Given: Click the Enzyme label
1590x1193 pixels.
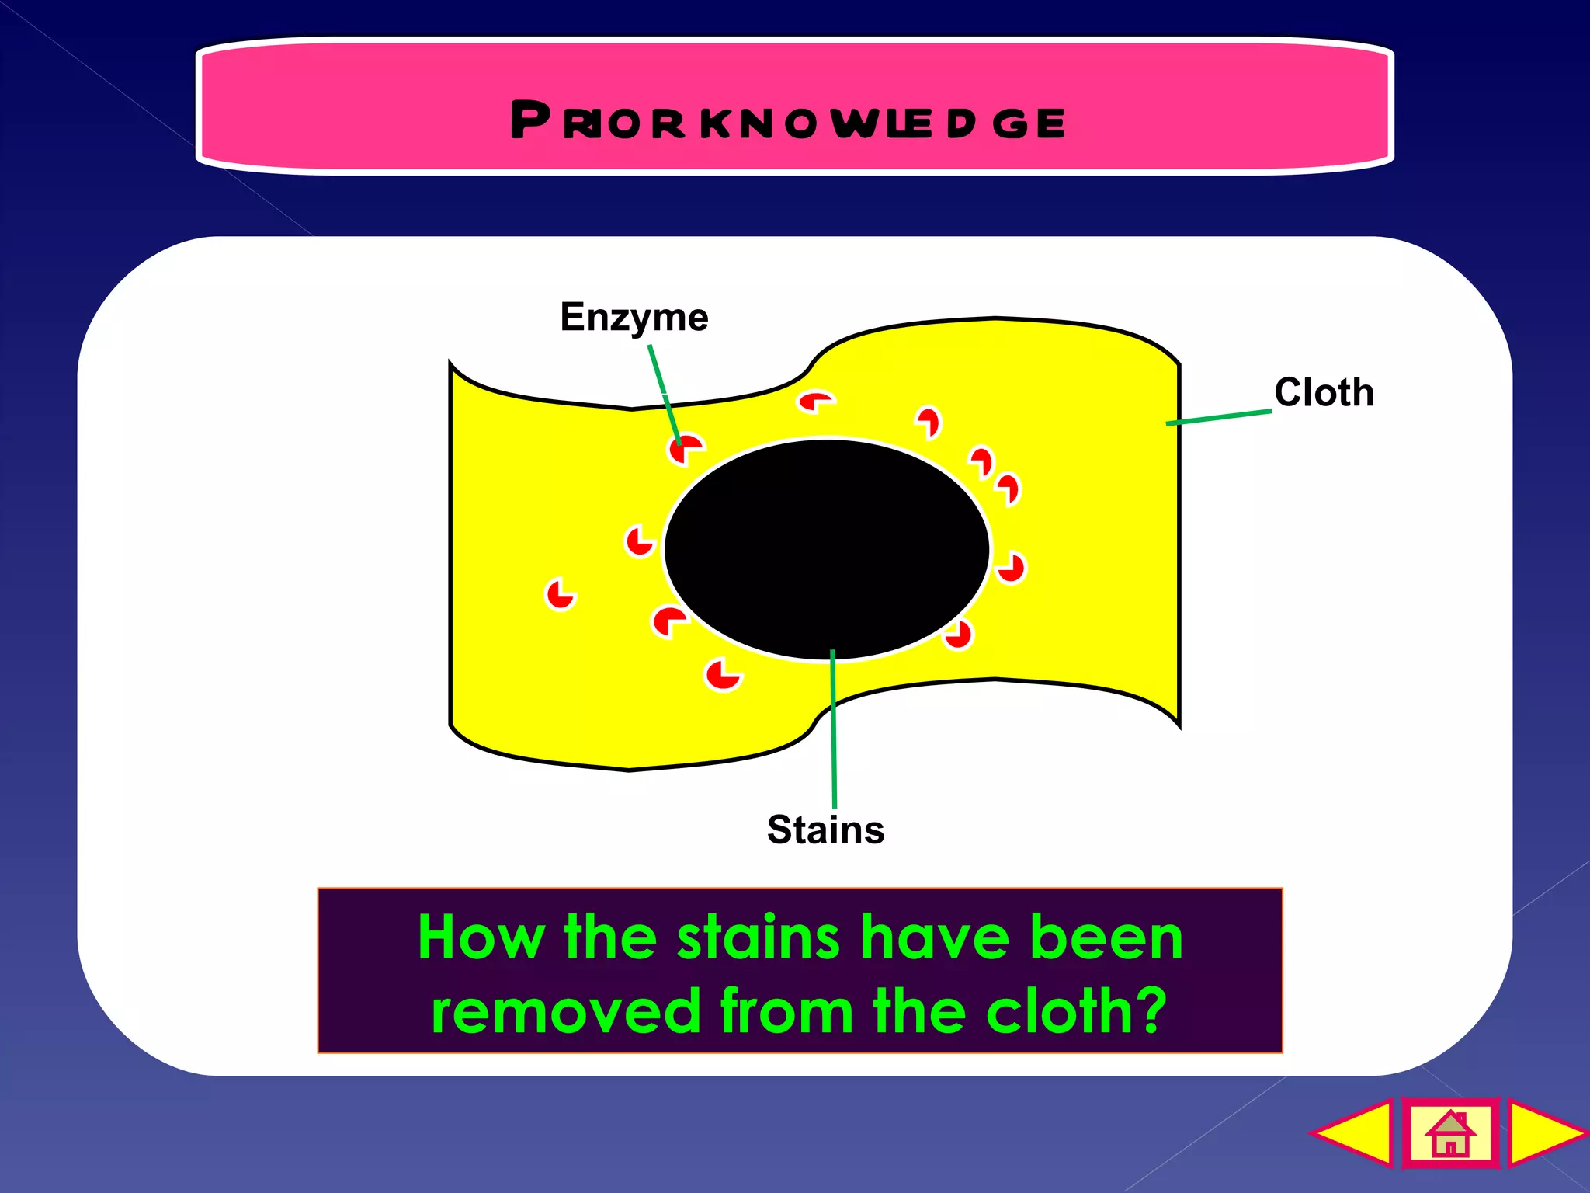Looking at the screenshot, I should coord(634,318).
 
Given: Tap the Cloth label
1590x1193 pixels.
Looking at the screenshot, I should coord(1324,393).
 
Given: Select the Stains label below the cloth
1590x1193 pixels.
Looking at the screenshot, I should coord(825,830).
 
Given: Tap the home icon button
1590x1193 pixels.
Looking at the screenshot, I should coord(1449,1133).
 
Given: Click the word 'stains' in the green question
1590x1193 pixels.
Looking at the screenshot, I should coord(759,937).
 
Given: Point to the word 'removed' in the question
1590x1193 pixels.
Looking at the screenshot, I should coord(566,1011).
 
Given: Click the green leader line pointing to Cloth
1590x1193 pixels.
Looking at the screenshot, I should coord(1219,417).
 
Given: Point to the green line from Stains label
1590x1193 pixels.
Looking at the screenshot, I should coord(833,730).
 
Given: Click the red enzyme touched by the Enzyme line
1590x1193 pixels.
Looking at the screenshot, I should coord(684,449).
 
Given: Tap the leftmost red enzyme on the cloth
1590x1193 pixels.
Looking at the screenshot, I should coord(560,595).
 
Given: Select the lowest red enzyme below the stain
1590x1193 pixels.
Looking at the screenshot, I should coord(722,673).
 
